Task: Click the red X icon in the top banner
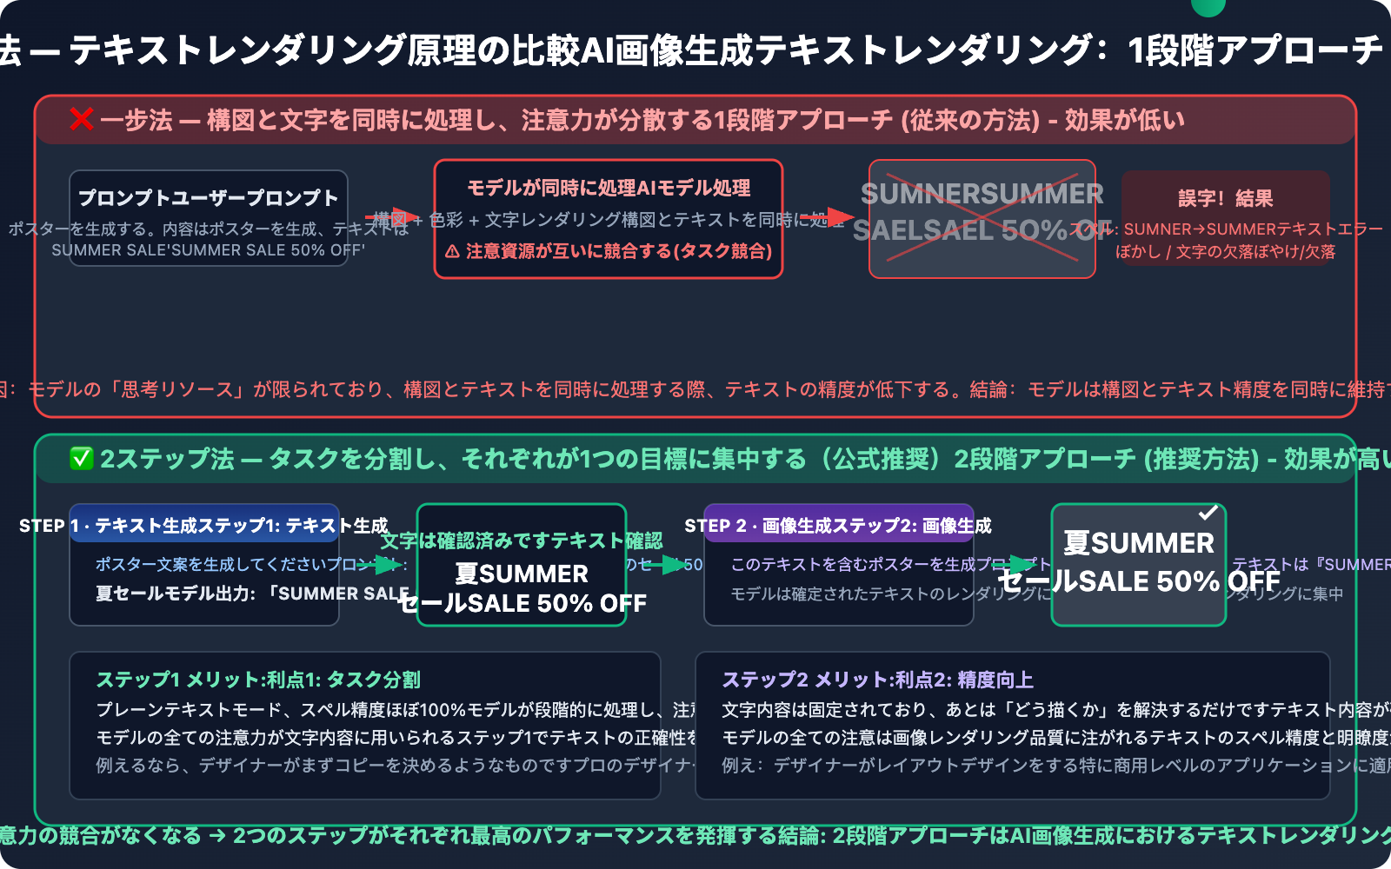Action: pyautogui.click(x=82, y=119)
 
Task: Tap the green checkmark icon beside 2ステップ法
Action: pyautogui.click(x=81, y=458)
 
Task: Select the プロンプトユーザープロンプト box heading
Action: pyautogui.click(x=209, y=198)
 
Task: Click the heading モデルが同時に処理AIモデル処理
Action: pyautogui.click(x=609, y=188)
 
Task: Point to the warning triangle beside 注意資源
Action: pyautogui.click(x=452, y=252)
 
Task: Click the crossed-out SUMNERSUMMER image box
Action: pyautogui.click(x=982, y=219)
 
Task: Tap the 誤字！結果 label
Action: pyautogui.click(x=1225, y=198)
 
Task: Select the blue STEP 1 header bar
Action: pyautogui.click(x=204, y=524)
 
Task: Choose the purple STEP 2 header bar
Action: pyautogui.click(x=838, y=524)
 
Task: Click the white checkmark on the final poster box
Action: pyautogui.click(x=1208, y=514)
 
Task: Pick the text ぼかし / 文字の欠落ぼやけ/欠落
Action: pyautogui.click(x=1225, y=252)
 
